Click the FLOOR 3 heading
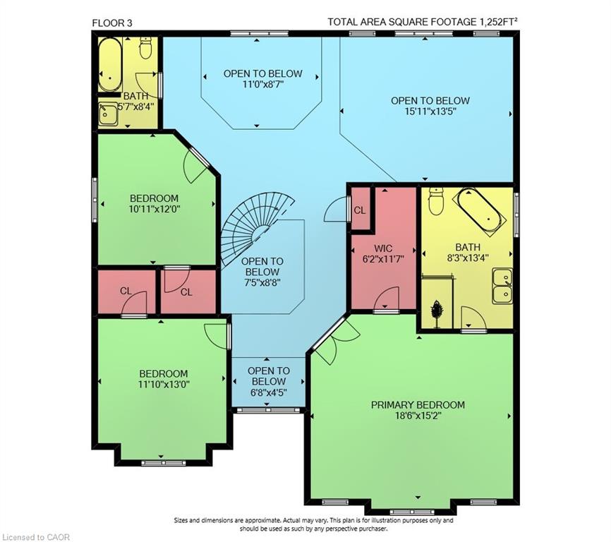click(111, 23)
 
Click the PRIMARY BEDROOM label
click(418, 404)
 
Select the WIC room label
click(383, 248)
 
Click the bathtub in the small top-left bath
click(110, 64)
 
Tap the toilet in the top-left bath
click(146, 48)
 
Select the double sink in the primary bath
click(502, 286)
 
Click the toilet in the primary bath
click(435, 203)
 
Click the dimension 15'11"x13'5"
click(430, 112)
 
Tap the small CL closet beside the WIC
click(360, 210)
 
